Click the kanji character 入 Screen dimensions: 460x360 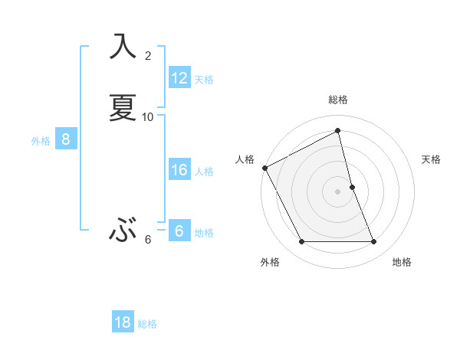[123, 46]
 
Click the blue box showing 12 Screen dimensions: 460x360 [179, 77]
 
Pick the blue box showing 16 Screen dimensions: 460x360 [179, 170]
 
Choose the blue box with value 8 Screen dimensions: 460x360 [66, 139]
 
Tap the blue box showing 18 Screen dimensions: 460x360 [123, 322]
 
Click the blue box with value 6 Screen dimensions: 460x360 [179, 231]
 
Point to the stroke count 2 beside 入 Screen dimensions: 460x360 [148, 55]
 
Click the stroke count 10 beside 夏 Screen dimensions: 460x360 [148, 116]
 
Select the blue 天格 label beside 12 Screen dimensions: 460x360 [204, 79]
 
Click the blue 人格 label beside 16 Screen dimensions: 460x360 [205, 172]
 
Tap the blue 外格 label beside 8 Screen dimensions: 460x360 [41, 141]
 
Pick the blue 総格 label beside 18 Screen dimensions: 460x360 [147, 324]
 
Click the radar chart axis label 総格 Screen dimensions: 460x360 [338, 100]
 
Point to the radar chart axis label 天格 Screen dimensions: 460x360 [432, 159]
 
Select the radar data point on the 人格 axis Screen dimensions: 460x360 [264, 167]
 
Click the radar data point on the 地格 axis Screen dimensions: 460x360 [374, 242]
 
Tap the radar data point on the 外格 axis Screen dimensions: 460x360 [301, 242]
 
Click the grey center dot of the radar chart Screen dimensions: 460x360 [338, 191]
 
